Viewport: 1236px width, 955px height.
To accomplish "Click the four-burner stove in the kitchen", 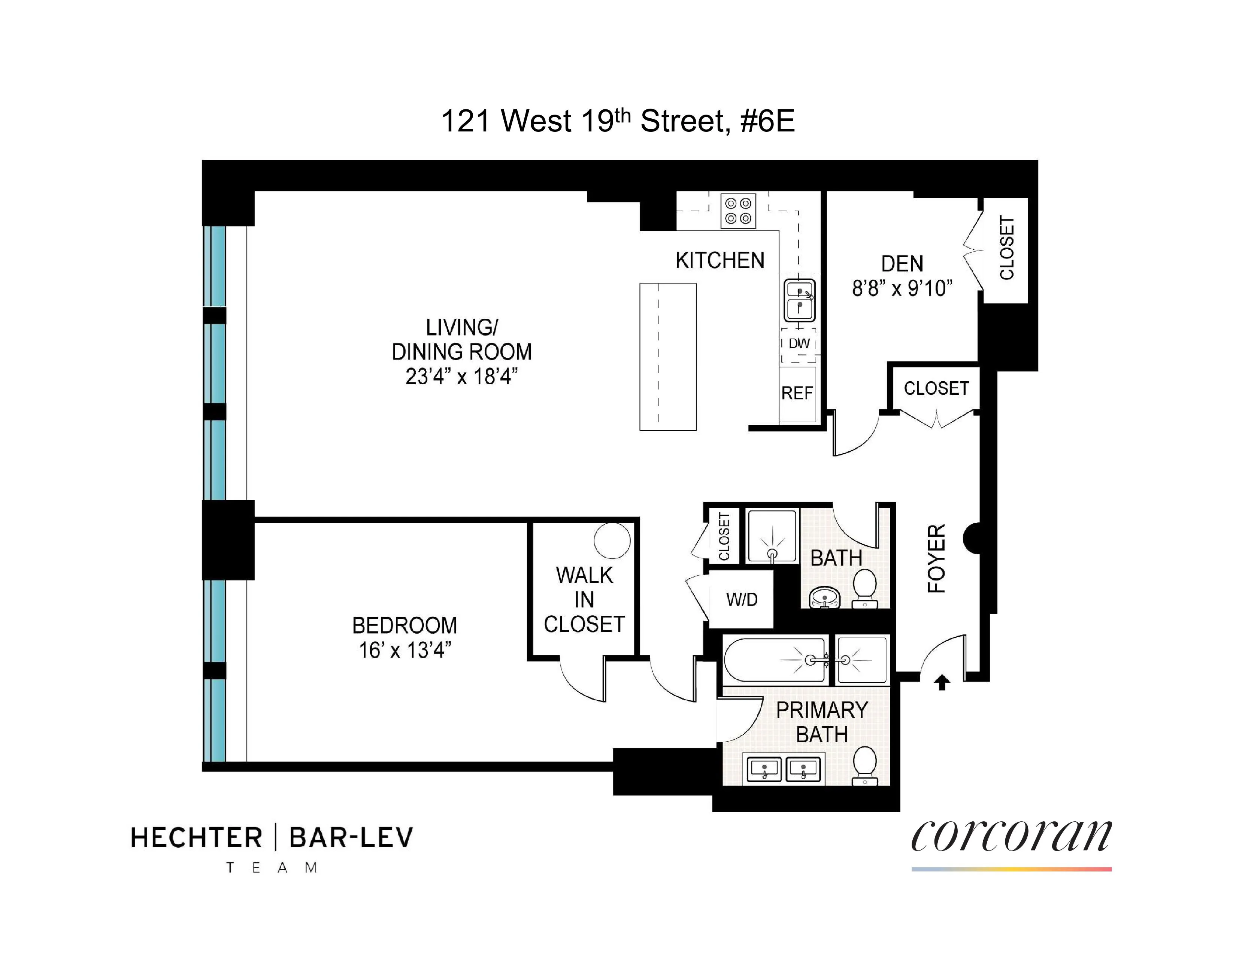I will click(x=738, y=211).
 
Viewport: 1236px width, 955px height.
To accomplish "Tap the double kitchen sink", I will click(x=799, y=300).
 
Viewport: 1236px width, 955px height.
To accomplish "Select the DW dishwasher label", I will click(x=799, y=343).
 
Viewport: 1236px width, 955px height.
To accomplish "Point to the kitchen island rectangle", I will click(x=668, y=357).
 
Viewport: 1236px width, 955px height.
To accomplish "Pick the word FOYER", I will click(x=937, y=558).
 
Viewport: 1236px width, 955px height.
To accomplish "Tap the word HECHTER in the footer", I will click(x=196, y=838).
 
